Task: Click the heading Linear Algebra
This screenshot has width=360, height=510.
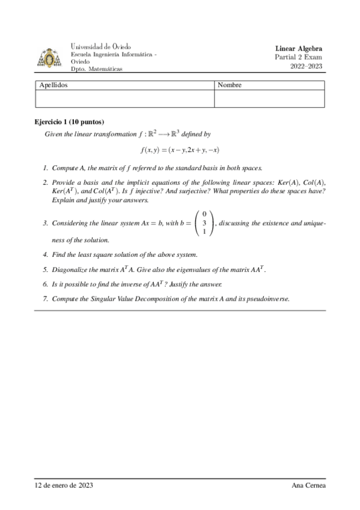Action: [299, 49]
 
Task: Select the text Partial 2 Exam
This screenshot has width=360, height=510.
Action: [299, 57]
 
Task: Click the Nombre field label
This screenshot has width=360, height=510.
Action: [230, 85]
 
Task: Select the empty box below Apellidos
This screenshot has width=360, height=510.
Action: [124, 99]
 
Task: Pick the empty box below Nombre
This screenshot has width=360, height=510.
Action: [269, 99]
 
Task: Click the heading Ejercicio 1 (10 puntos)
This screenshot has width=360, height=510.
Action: [70, 121]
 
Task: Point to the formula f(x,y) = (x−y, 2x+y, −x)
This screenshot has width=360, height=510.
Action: [180, 150]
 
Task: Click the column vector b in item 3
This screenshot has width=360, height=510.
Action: [204, 223]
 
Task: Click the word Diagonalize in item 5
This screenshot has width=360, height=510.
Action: [70, 270]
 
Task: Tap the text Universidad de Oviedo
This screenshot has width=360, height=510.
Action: [101, 46]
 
